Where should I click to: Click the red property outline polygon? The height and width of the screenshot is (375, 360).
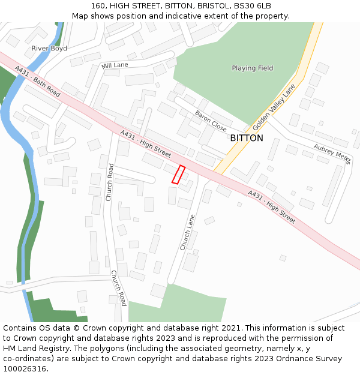(x=178, y=174)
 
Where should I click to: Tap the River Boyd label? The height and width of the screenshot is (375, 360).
(x=49, y=48)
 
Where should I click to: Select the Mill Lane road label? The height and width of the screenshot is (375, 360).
(x=115, y=65)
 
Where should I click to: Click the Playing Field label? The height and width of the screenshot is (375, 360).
(x=253, y=68)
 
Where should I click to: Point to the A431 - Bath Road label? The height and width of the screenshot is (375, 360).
(x=38, y=81)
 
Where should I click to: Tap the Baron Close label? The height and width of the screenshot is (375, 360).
(x=210, y=120)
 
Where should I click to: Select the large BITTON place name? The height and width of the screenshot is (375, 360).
(x=247, y=138)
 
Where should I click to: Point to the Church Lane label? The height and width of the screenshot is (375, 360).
(x=187, y=232)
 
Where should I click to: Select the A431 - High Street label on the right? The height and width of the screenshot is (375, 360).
(x=271, y=208)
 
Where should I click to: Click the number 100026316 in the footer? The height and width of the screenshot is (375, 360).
(x=25, y=369)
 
